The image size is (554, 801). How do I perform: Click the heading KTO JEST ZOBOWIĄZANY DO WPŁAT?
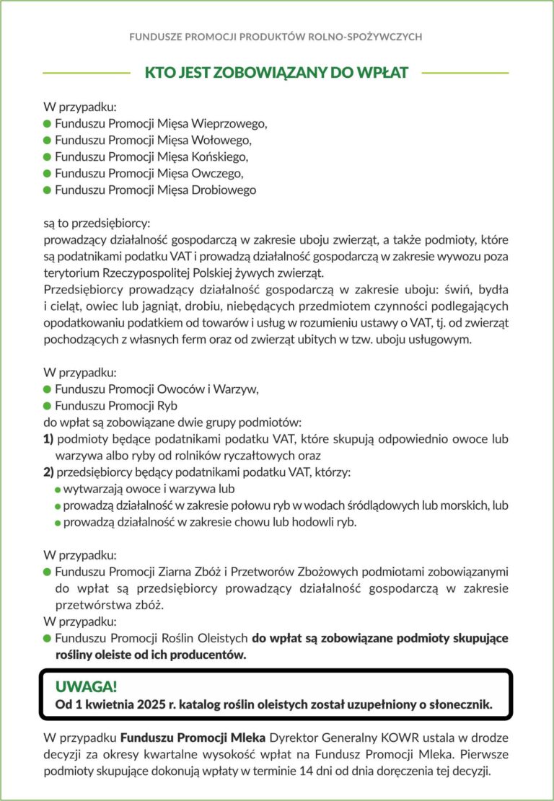(276, 73)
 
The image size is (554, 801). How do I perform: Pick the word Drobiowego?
(223, 190)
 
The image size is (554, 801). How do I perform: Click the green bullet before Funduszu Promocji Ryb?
(48, 406)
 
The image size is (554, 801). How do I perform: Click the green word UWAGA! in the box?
(86, 686)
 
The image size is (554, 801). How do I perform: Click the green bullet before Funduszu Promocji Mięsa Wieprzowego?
(48, 123)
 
